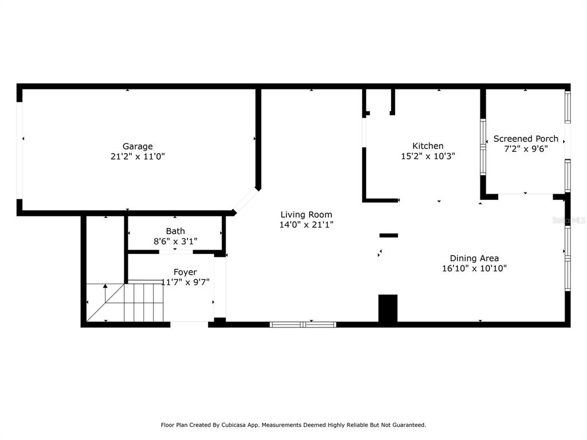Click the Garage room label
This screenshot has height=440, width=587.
click(138, 146)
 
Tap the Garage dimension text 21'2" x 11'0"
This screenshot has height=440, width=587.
click(138, 156)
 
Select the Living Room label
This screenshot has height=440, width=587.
click(306, 214)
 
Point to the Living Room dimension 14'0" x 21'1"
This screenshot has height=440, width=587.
click(306, 225)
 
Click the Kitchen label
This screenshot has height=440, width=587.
click(428, 146)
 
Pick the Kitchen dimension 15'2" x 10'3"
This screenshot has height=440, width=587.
click(428, 156)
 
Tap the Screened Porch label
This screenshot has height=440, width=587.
click(526, 139)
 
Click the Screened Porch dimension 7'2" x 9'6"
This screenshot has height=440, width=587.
click(526, 149)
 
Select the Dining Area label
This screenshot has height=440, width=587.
click(474, 258)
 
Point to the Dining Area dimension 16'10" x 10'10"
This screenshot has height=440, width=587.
click(474, 268)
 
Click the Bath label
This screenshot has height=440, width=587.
click(175, 231)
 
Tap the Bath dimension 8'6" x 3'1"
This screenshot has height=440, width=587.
click(175, 241)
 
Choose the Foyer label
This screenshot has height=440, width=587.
click(185, 272)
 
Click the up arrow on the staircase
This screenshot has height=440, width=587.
click(105, 293)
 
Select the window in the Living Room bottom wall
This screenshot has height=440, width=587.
click(303, 324)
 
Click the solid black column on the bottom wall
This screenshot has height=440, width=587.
click(388, 308)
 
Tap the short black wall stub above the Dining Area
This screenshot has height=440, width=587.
click(389, 235)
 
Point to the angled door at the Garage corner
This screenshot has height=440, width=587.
click(245, 201)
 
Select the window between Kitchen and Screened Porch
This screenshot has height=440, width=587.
click(483, 147)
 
